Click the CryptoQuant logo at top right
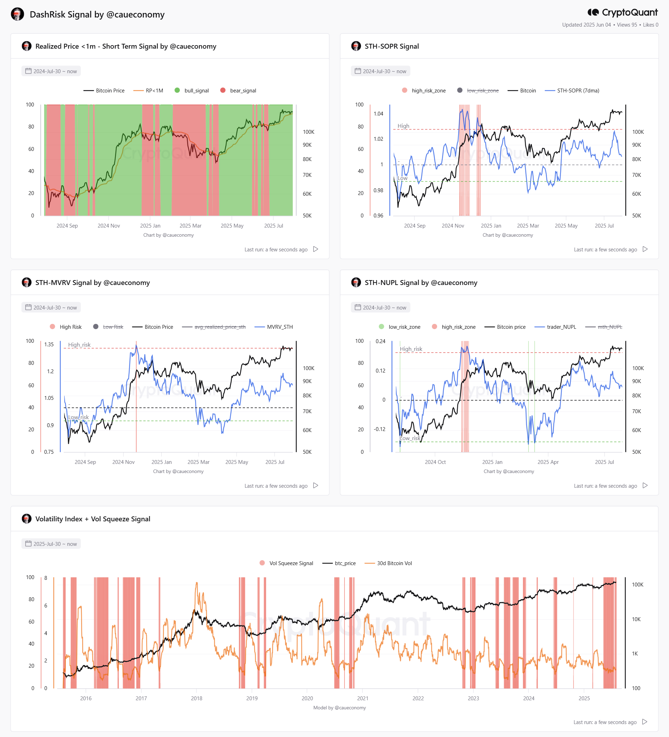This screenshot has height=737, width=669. [x=622, y=13]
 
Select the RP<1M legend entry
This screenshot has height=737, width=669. [x=148, y=91]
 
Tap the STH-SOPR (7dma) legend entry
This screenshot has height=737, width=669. [x=572, y=91]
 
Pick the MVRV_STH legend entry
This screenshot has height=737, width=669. [x=273, y=327]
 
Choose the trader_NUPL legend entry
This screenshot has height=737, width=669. [x=555, y=327]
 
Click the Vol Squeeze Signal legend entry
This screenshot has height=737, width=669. [x=286, y=563]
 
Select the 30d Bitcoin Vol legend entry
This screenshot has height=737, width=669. [x=388, y=563]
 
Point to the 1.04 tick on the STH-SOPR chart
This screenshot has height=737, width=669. [x=378, y=114]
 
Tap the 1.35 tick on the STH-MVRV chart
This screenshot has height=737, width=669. [x=49, y=345]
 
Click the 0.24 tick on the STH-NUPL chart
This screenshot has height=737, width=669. [x=380, y=341]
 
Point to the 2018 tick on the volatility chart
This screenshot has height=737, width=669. [x=197, y=698]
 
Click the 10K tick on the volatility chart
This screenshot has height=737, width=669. [x=636, y=619]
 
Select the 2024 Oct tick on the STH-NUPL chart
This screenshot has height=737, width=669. [x=435, y=462]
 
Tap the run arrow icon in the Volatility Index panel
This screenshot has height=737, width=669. [x=645, y=722]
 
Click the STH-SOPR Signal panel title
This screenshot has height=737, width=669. [x=391, y=47]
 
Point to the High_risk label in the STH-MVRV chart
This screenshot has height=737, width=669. [x=79, y=345]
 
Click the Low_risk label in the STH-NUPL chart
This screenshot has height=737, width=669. [x=410, y=438]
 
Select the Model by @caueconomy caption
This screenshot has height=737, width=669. [x=340, y=708]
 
